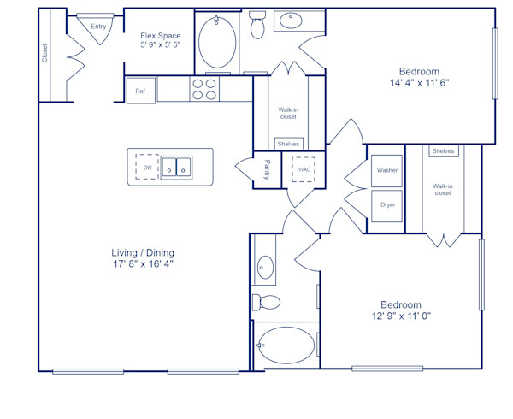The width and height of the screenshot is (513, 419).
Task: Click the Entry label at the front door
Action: [99, 27]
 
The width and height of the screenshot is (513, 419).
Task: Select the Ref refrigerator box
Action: [140, 91]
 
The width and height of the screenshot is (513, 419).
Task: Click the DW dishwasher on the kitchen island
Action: [148, 168]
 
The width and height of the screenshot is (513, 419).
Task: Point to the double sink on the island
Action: [177, 167]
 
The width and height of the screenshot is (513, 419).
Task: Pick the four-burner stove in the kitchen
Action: [203, 90]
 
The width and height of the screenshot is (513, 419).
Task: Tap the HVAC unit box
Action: [304, 169]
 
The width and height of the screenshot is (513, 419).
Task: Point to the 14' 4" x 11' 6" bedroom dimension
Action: [419, 84]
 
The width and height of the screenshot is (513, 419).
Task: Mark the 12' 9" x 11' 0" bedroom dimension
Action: [401, 316]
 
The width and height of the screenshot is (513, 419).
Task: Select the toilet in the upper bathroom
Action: [258, 27]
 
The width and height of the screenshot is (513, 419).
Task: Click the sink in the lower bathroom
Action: [264, 269]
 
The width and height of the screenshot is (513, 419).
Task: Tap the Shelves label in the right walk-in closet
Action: [444, 151]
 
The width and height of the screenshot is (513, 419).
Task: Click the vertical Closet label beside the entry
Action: [45, 53]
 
